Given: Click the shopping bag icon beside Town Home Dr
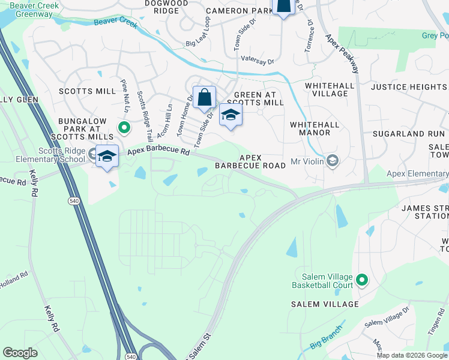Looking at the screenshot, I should [204, 97].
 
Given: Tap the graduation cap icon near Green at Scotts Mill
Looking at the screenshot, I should [230, 115].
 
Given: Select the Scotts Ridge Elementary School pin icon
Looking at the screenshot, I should [107, 156].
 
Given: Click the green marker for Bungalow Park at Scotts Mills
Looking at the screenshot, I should [124, 127].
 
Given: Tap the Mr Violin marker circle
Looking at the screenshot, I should [333, 161].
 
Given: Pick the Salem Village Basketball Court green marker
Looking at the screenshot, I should [362, 280].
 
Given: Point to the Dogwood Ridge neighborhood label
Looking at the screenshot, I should [154, 7].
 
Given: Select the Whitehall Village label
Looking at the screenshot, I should [327, 89].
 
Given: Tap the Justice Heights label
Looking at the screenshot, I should [409, 87].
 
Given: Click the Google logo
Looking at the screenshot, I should [20, 353].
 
